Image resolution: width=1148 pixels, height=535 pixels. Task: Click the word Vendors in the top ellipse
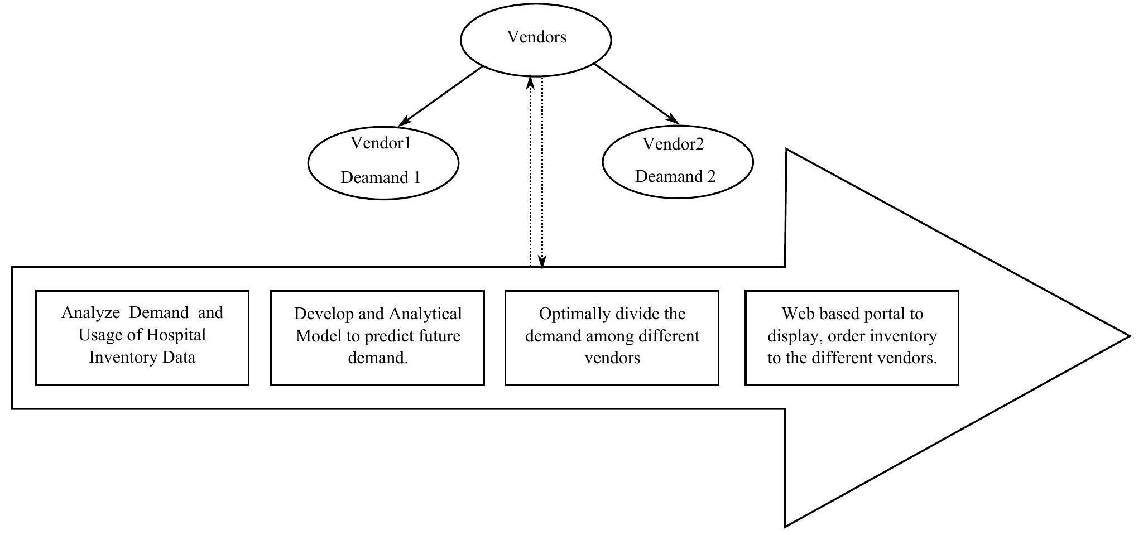pyautogui.click(x=536, y=37)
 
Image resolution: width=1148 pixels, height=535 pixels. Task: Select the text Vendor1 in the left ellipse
pyautogui.click(x=381, y=143)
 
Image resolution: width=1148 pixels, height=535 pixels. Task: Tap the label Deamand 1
pyautogui.click(x=380, y=178)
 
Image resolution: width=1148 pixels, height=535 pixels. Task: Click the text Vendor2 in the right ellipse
pyautogui.click(x=673, y=144)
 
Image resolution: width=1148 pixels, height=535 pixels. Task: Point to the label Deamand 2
pyautogui.click(x=675, y=177)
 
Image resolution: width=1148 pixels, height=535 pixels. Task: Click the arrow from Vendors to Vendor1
pyautogui.click(x=441, y=96)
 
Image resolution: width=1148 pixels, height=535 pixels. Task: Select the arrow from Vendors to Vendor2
pyautogui.click(x=636, y=94)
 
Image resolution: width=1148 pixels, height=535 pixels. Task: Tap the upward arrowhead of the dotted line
pyautogui.click(x=531, y=83)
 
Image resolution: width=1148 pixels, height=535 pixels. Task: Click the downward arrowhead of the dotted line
pyautogui.click(x=542, y=261)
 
